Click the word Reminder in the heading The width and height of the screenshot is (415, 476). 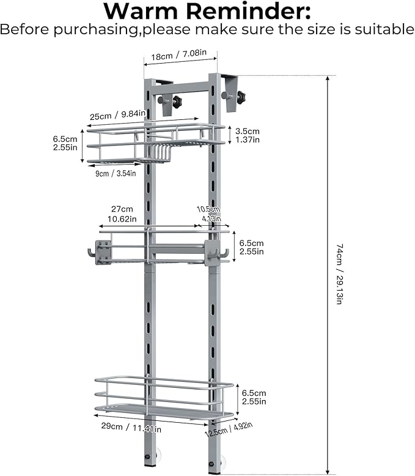coord(248,11)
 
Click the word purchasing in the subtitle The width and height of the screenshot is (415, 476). coord(96,30)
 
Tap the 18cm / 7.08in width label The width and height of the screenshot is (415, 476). coord(179,55)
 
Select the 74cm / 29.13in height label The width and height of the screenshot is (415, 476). coord(339,273)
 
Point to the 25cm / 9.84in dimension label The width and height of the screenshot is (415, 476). coord(118,115)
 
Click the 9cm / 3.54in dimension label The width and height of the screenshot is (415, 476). coord(116,173)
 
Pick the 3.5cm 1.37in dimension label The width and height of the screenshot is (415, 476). coord(248,135)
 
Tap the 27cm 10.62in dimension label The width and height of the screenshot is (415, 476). coord(122,214)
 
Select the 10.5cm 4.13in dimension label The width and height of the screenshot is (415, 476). coord(208,214)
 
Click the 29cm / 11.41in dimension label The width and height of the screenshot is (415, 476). coord(131,428)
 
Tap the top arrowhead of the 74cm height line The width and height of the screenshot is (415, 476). coord(328,78)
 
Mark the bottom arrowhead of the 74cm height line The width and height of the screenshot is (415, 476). coord(328,471)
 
